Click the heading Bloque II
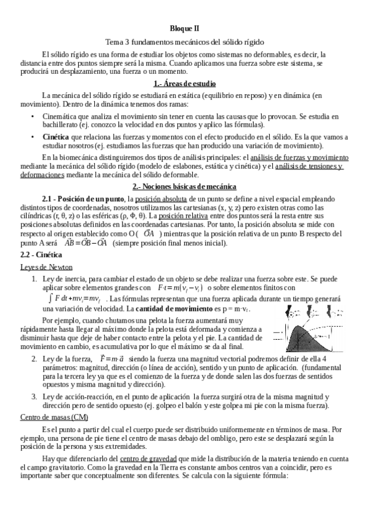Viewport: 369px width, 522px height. point(184,28)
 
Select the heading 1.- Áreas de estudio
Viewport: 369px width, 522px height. point(184,83)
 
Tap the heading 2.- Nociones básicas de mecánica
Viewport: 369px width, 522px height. point(184,187)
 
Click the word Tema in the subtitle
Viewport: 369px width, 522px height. point(115,42)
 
